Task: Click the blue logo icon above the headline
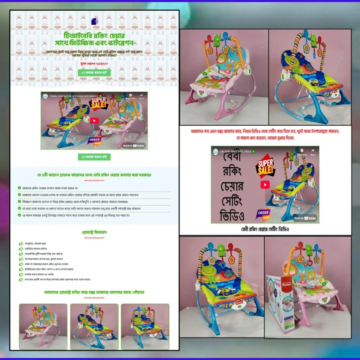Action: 94,22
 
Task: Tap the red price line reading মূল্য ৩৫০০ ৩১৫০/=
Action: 94,62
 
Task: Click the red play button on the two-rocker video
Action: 94,120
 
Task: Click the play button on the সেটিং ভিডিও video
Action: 265,184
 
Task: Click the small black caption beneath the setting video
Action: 265,230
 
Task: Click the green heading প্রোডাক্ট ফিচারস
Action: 94,232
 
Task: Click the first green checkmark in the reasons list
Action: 19,188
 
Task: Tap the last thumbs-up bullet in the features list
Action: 21,279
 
